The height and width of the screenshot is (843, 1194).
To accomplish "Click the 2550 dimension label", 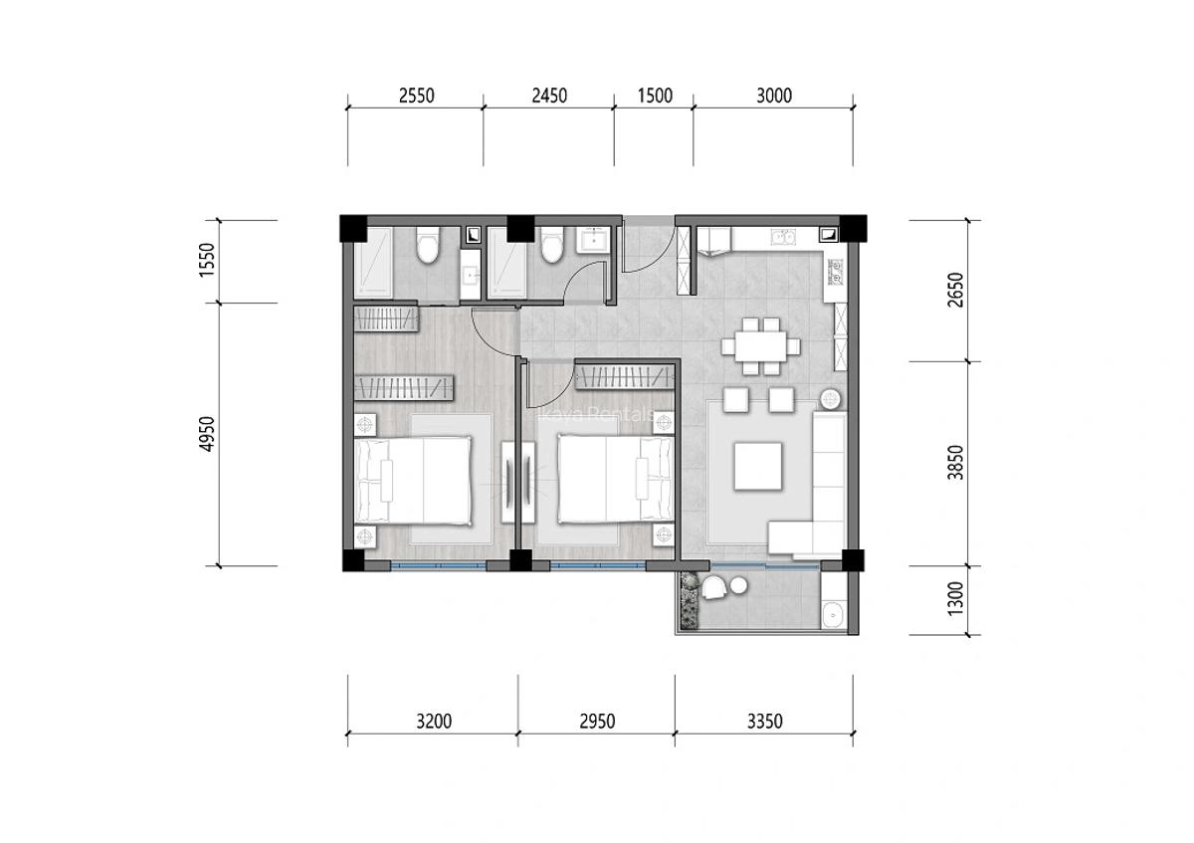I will pos(416,96).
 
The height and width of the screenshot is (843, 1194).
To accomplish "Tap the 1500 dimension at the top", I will pos(654,96).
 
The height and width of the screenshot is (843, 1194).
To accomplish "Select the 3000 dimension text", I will pos(773,96).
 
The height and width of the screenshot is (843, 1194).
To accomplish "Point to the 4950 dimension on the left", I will pos(207,434).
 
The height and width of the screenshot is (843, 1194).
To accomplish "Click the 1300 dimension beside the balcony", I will pos(957,601).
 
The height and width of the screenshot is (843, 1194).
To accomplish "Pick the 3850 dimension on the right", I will pos(957,463).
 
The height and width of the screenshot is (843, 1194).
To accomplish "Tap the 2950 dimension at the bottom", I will pos(596,721).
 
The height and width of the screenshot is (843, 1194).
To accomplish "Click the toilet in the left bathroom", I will pos(428,245).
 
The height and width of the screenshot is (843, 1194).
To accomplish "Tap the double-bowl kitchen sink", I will pos(784,237).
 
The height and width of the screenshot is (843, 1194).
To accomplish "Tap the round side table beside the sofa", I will pos(831,400).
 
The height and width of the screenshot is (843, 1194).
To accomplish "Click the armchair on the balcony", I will pos(714,588).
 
